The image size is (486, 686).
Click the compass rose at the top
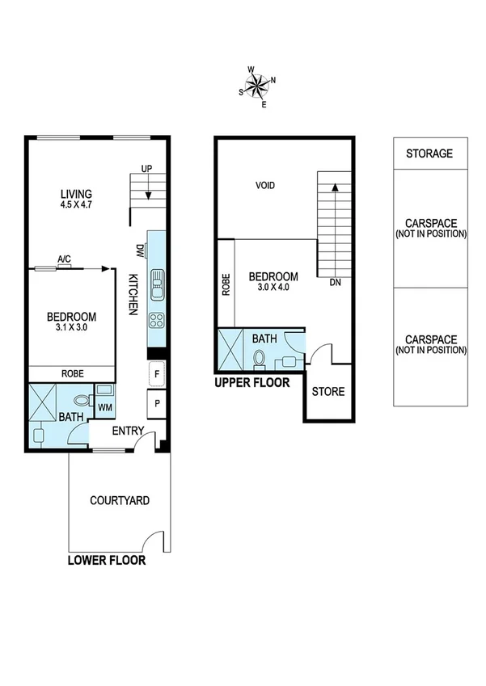[257, 85]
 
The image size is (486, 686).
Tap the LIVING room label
[76, 194]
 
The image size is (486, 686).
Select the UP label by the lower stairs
[146, 169]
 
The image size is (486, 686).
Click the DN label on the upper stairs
[336, 283]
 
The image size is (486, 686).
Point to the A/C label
[64, 259]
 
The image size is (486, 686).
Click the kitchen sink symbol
[157, 282]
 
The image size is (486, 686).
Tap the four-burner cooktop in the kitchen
[157, 321]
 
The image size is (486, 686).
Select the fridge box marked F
[157, 374]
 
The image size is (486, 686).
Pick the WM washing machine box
[105, 406]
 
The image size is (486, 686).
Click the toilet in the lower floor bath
[82, 399]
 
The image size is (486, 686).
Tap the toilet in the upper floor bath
[260, 357]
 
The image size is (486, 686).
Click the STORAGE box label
[429, 154]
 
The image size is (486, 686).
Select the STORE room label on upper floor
[328, 392]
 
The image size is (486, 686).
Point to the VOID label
[265, 186]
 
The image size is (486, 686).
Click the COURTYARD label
[119, 501]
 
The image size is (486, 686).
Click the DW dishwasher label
[139, 250]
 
